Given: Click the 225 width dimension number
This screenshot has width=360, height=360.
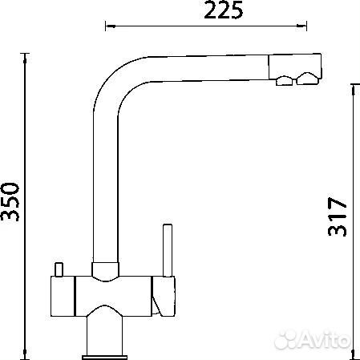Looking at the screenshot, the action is (x=224, y=10).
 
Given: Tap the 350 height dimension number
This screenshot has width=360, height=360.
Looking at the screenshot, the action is (x=10, y=202).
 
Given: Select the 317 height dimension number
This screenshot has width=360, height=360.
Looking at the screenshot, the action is (x=338, y=216).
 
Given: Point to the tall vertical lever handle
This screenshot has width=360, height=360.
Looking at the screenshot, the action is (x=168, y=250).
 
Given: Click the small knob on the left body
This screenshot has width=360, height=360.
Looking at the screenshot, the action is (x=59, y=269).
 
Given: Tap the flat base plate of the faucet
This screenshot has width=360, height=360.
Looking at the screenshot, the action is (x=104, y=358).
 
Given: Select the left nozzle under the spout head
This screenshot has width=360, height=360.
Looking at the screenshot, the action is (x=285, y=81).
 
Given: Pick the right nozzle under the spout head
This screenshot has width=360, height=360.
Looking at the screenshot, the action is (x=308, y=79).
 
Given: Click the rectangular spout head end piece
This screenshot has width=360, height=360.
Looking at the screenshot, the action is (x=295, y=67).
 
